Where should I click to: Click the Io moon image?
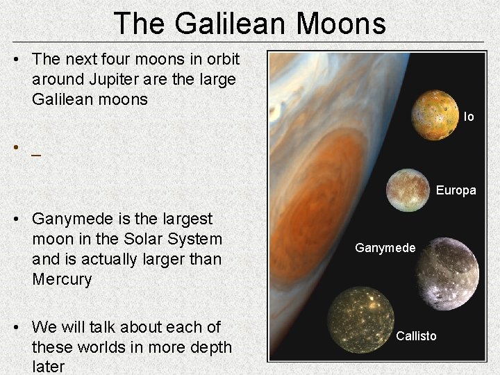click(x=435, y=114)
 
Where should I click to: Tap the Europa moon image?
click(x=408, y=190)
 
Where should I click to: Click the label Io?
click(x=469, y=117)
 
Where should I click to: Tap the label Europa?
click(x=456, y=190)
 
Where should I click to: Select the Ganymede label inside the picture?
click(x=385, y=248)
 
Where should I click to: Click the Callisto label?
click(x=416, y=336)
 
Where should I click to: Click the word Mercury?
click(x=62, y=279)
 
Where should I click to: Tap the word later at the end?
click(x=48, y=366)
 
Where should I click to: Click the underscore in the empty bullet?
click(x=35, y=156)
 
